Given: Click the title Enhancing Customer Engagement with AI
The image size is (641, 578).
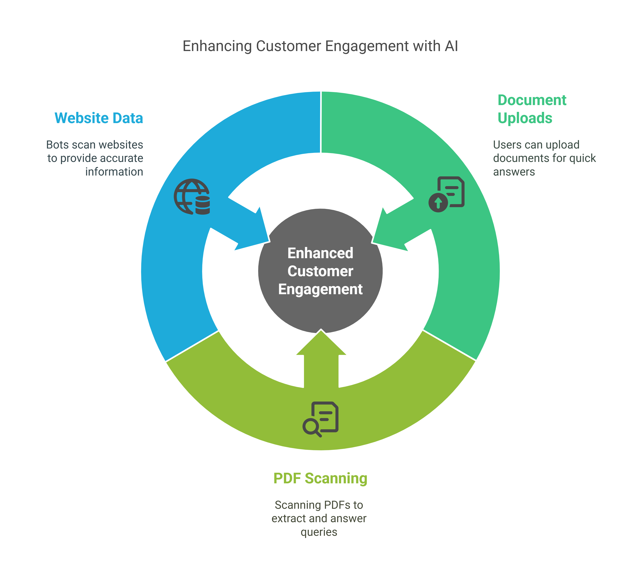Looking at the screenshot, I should pyautogui.click(x=320, y=46).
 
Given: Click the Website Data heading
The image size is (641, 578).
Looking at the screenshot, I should pyautogui.click(x=99, y=118).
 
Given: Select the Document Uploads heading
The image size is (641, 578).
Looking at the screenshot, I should pyautogui.click(x=532, y=109).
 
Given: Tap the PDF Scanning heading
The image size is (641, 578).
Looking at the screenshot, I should pyautogui.click(x=320, y=478).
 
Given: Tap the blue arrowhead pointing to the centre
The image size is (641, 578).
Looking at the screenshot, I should pyautogui.click(x=254, y=232).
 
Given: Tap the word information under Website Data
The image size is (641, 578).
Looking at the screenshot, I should pyautogui.click(x=114, y=172).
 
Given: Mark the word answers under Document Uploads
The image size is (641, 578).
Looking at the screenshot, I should pyautogui.click(x=514, y=172).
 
